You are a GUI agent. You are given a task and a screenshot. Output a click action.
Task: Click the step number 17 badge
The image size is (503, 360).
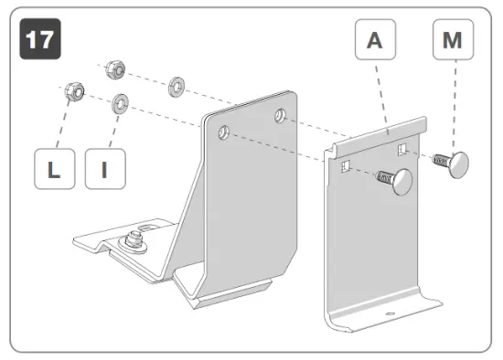coord(37,41)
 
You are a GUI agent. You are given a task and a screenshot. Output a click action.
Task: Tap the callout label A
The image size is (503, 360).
coord(375,42)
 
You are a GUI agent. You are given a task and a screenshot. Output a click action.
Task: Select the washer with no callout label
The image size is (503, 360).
coord(175,88)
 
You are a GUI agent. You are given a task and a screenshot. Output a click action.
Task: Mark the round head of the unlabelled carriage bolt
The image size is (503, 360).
coord(402,186)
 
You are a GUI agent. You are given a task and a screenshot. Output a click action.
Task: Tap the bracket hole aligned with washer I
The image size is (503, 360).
coord(222,134)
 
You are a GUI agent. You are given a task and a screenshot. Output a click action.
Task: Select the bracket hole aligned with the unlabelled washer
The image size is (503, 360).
coord(280,114)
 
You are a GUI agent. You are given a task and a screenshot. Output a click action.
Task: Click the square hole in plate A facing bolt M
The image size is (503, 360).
coord(401,147)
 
